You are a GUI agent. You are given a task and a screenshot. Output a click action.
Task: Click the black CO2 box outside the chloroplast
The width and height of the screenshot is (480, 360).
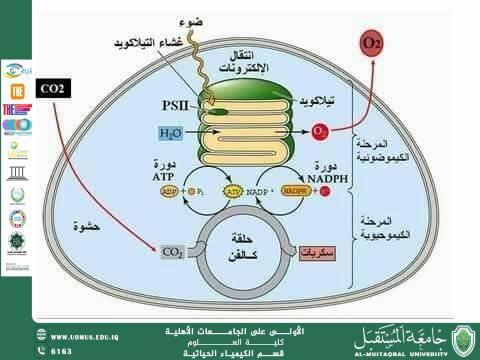[x=53, y=88]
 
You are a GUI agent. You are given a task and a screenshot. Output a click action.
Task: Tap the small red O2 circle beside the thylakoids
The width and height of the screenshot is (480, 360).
[x=320, y=131]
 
